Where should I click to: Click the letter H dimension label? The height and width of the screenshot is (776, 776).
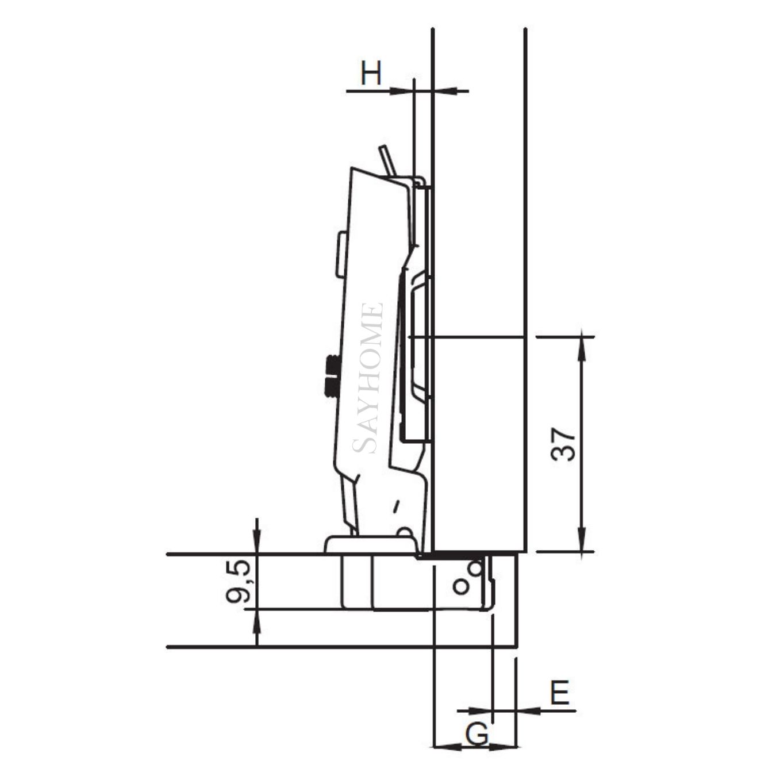click(371, 74)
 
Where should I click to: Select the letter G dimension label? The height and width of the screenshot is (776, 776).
click(477, 734)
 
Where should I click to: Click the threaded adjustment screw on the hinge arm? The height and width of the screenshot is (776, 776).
click(332, 376)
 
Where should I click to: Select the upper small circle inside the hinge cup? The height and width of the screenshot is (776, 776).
click(475, 568)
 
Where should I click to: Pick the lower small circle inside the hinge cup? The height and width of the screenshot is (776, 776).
click(460, 587)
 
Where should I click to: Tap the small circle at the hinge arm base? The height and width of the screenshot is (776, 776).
click(405, 532)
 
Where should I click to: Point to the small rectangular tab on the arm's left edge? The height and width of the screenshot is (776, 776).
click(341, 254)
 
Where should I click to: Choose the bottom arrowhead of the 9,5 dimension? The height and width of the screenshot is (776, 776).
click(256, 620)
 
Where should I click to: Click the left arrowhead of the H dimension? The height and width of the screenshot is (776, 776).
click(402, 91)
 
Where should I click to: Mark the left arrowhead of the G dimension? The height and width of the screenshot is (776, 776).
click(444, 747)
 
